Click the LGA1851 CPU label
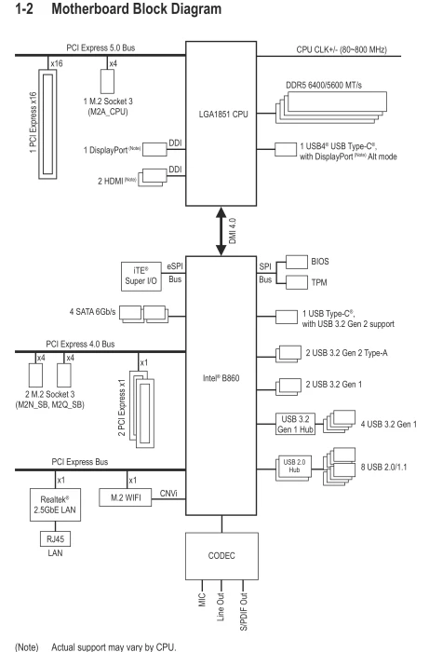(223, 114)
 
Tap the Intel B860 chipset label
(221, 378)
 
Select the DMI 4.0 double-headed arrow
(221, 231)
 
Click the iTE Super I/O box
(141, 276)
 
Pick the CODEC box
(221, 556)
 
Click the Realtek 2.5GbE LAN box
(55, 505)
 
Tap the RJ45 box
(55, 539)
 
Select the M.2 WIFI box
(126, 497)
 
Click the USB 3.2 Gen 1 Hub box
(295, 424)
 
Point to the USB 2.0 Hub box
(294, 469)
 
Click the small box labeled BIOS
(297, 262)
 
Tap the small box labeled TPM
(297, 282)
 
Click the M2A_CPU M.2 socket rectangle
(107, 81)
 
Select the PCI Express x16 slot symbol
(47, 124)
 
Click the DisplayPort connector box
(154, 150)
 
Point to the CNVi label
(168, 494)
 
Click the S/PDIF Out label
(244, 611)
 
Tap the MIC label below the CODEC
(202, 600)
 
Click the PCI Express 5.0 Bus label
(101, 48)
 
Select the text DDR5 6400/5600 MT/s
(324, 86)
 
